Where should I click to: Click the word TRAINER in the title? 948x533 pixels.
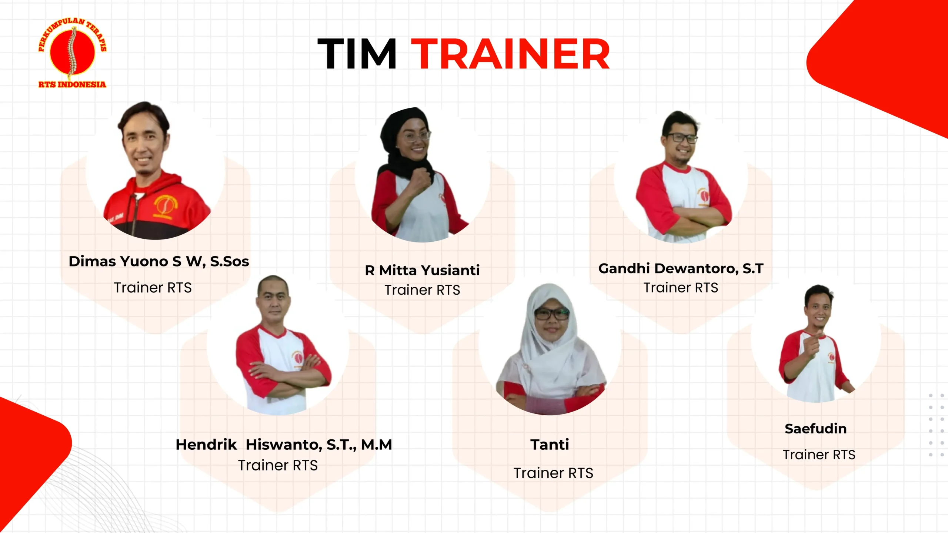pos(510,54)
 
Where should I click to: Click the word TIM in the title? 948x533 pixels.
pos(357,54)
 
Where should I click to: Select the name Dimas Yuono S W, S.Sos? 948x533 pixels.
pos(159,261)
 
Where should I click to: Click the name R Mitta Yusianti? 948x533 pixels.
pos(422,270)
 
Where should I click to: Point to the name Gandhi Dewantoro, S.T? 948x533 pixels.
pos(681,268)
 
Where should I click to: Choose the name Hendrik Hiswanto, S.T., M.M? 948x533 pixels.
pos(284,445)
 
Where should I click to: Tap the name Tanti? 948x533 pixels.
pos(550,445)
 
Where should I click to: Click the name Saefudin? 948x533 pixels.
pos(816,429)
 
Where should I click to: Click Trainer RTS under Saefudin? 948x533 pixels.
pos(819,455)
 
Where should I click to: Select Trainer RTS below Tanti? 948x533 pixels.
pos(553,473)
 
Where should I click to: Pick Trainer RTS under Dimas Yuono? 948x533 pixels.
pos(153,288)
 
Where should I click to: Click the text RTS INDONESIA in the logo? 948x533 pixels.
pos(72,84)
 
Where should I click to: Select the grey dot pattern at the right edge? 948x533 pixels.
pos(936,425)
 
